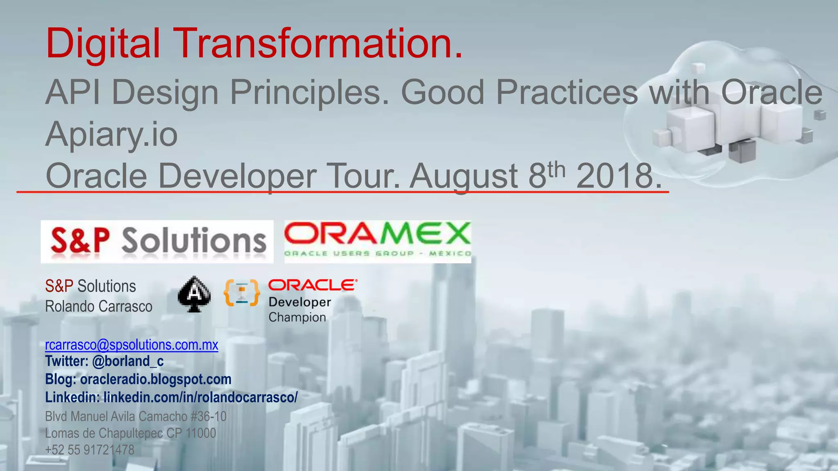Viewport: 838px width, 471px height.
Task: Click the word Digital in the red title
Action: [x=103, y=43]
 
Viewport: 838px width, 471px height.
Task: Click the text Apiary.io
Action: [x=111, y=134]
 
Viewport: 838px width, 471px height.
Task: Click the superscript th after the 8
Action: [x=556, y=170]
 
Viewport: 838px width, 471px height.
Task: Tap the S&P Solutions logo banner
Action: [x=157, y=242]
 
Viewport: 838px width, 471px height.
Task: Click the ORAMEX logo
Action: [x=377, y=241]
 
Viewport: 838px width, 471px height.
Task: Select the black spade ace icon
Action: [x=194, y=294]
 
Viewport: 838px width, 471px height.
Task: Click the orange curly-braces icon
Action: [x=241, y=293]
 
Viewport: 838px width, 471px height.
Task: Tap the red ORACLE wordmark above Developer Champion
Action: [x=313, y=285]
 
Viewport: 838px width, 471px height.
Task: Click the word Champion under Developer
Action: [x=297, y=317]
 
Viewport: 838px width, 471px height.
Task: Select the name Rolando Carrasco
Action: [x=99, y=307]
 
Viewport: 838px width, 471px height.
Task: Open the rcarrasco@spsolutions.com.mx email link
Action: [x=131, y=345]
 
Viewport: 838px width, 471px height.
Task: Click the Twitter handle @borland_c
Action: [x=128, y=361]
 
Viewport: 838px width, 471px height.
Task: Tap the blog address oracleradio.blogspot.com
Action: [x=155, y=379]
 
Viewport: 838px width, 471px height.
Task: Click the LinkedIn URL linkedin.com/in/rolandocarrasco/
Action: [x=200, y=397]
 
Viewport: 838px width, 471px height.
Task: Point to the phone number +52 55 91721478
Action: [x=90, y=450]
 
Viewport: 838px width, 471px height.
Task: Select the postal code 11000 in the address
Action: [x=200, y=433]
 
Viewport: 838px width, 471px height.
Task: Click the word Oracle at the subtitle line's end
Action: [x=771, y=92]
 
